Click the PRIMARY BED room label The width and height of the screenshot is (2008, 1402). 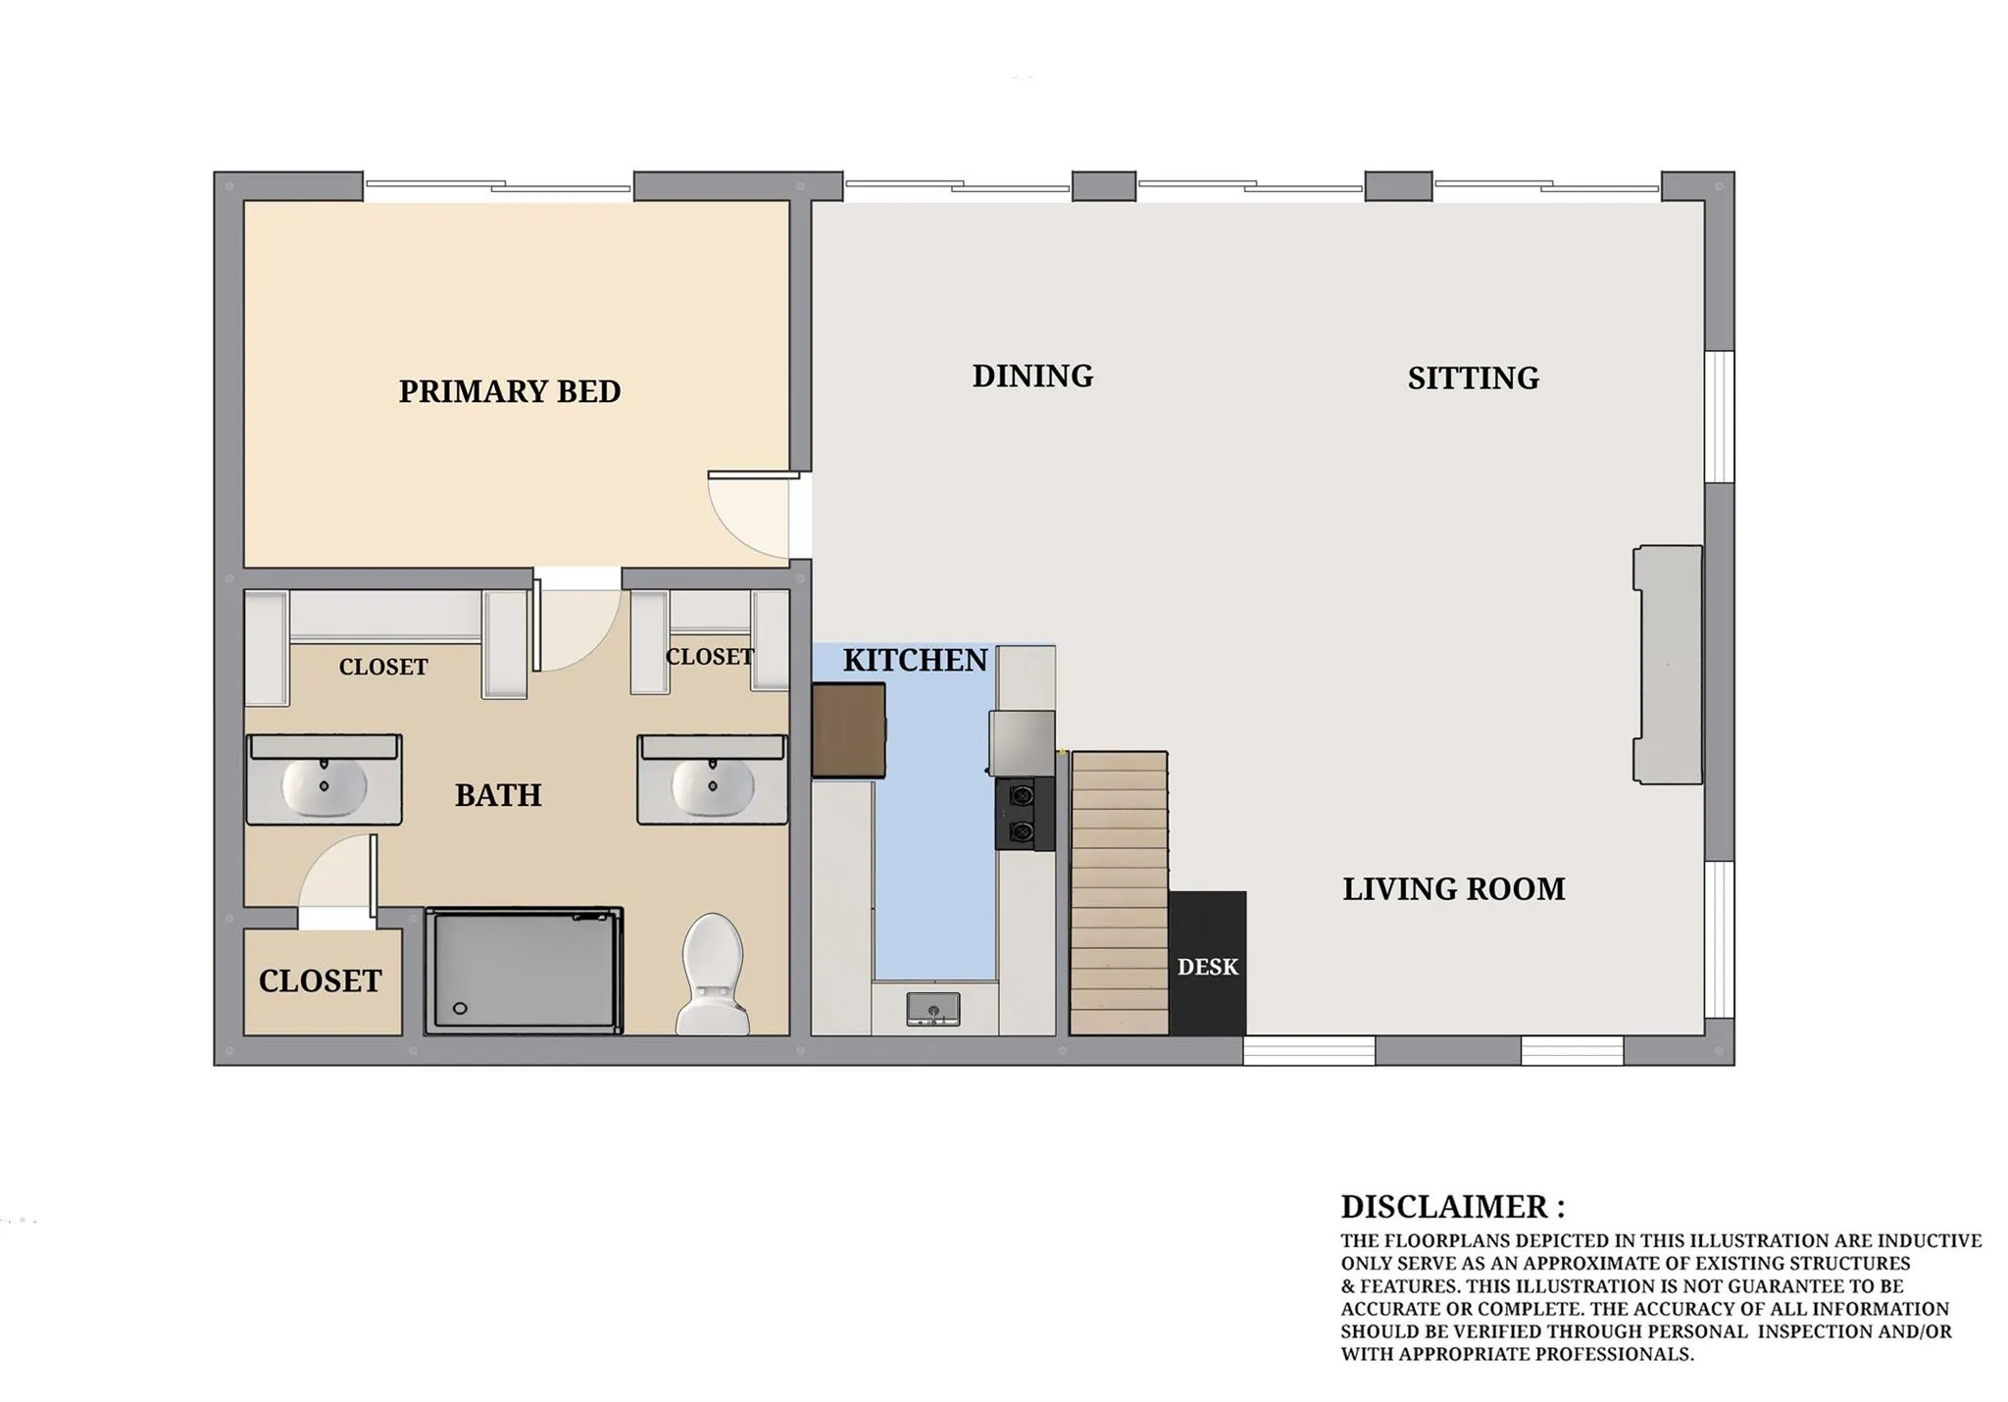510,391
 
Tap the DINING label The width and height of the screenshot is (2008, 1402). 1032,376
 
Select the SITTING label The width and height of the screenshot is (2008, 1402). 1473,377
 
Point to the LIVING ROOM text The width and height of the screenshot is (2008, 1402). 1453,888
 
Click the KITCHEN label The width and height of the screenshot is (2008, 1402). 915,660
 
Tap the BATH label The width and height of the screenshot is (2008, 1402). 498,794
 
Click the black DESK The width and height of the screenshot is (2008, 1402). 1208,963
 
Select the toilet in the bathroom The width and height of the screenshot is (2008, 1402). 713,974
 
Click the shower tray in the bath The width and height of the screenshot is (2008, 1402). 524,971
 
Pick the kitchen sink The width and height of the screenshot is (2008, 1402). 933,1009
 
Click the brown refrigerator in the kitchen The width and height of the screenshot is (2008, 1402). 849,730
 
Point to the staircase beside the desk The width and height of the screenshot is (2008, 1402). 1119,893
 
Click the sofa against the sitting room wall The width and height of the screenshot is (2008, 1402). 1668,665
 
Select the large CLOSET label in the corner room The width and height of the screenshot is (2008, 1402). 320,980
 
